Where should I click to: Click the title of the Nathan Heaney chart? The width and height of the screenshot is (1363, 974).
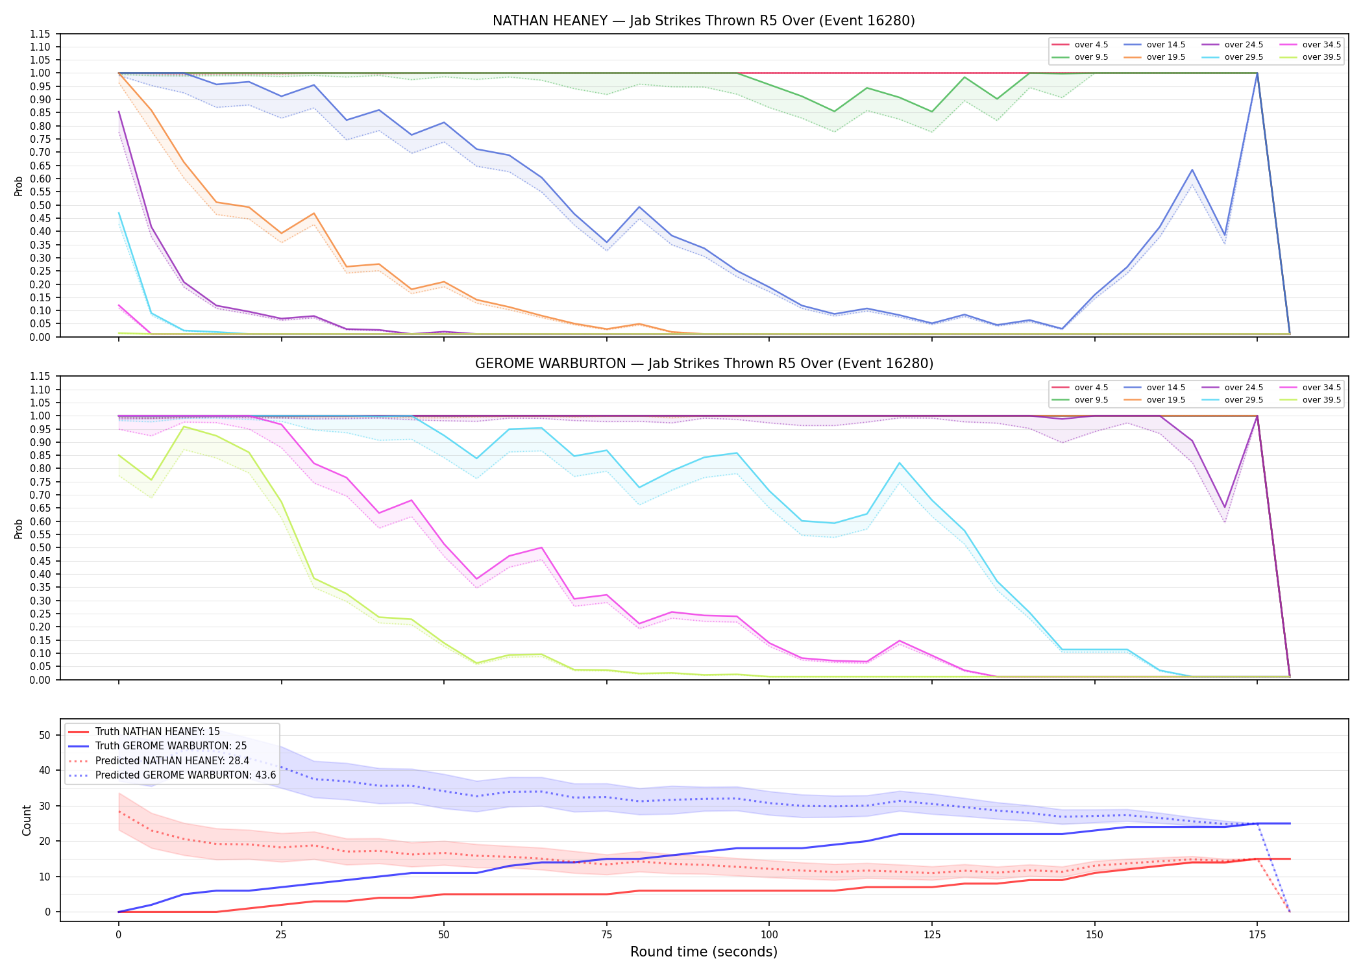[704, 21]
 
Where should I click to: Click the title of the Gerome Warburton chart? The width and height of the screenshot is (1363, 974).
[704, 364]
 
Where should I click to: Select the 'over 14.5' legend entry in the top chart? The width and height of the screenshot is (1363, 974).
[1155, 45]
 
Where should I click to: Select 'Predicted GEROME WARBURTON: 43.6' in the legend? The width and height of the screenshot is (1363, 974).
[172, 775]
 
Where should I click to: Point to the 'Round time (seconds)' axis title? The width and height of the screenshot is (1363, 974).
[704, 952]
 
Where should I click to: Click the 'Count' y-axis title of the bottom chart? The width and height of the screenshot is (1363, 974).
[27, 820]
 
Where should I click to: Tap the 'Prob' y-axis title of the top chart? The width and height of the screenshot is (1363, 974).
[19, 186]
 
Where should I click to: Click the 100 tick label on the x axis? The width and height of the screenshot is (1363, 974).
[768, 935]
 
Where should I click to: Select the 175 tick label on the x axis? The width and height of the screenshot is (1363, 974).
[1257, 935]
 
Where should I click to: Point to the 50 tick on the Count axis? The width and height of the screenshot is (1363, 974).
[45, 735]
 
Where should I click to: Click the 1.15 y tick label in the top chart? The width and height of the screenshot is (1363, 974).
[40, 34]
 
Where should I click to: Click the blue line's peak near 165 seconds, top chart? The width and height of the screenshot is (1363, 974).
[1192, 170]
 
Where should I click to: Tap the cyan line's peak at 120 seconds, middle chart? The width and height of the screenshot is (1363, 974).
[899, 463]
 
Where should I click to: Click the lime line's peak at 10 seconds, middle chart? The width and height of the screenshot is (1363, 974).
[184, 427]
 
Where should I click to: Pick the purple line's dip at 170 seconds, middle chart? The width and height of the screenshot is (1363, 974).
[1225, 507]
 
